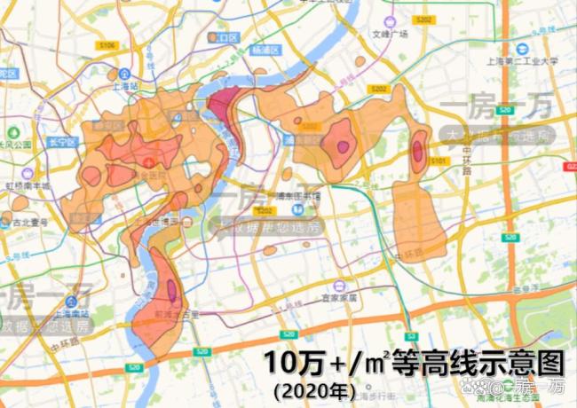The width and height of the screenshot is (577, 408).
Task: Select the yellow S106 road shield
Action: click(108, 43)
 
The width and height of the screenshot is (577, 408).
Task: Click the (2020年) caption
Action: click(315, 389)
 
